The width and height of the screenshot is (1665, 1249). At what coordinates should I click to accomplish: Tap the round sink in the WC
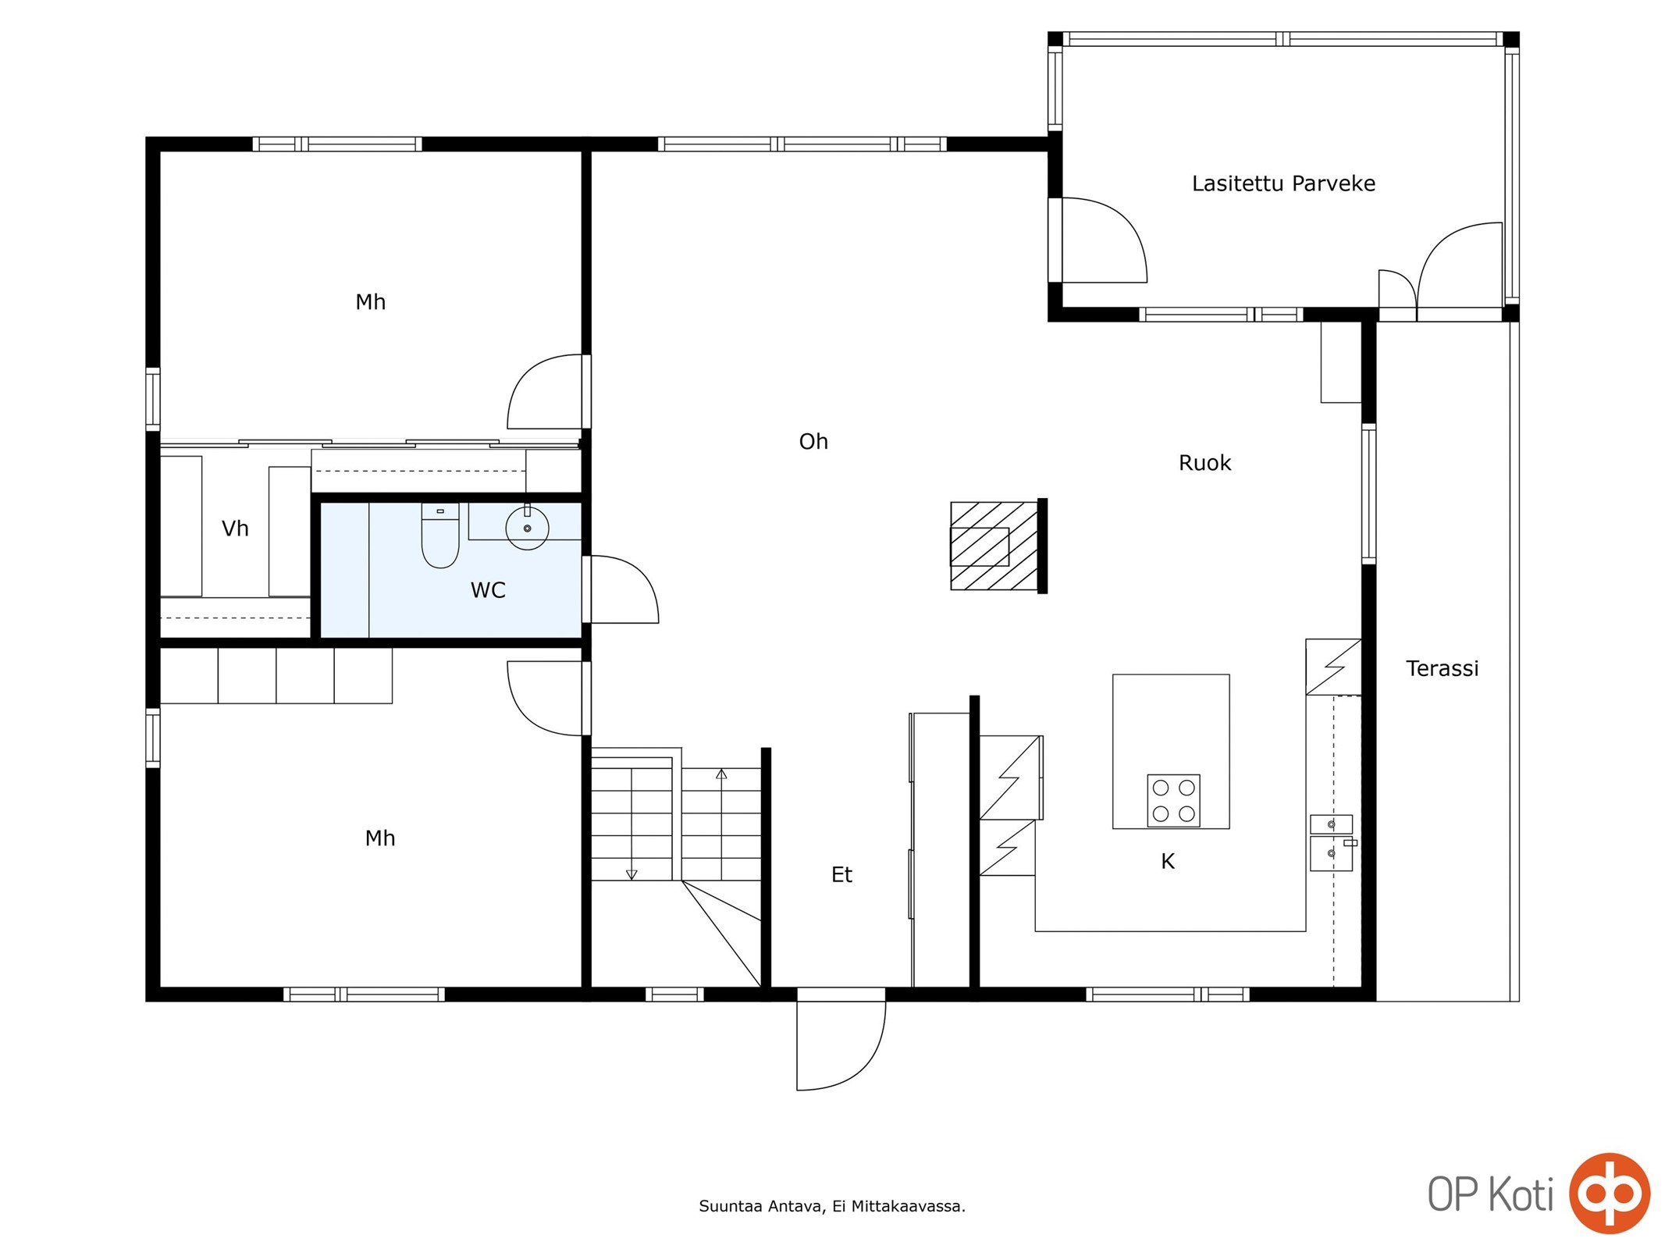pyautogui.click(x=527, y=528)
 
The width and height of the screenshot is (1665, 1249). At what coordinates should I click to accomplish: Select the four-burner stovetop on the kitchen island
pyautogui.click(x=1173, y=800)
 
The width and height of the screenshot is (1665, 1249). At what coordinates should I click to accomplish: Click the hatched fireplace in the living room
pyautogui.click(x=994, y=546)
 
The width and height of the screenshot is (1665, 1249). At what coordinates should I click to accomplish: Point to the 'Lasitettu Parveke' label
pyautogui.click(x=1283, y=183)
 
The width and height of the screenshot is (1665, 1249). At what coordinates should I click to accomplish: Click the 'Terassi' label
pyautogui.click(x=1442, y=668)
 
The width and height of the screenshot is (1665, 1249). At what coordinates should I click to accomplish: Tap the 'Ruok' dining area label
pyautogui.click(x=1204, y=463)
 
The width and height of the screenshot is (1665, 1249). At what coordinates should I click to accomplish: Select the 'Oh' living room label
pyautogui.click(x=813, y=442)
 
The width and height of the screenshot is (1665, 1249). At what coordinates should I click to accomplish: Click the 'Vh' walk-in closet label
pyautogui.click(x=235, y=528)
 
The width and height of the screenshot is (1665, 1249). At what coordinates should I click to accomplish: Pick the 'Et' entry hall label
pyautogui.click(x=841, y=875)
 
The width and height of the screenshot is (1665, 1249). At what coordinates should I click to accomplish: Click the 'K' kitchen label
pyautogui.click(x=1168, y=861)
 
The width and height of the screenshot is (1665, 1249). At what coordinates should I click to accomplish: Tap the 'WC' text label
pyautogui.click(x=488, y=590)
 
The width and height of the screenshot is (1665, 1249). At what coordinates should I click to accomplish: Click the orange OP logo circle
pyautogui.click(x=1610, y=1193)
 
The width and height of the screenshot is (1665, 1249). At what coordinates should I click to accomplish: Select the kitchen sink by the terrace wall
pyautogui.click(x=1331, y=842)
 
